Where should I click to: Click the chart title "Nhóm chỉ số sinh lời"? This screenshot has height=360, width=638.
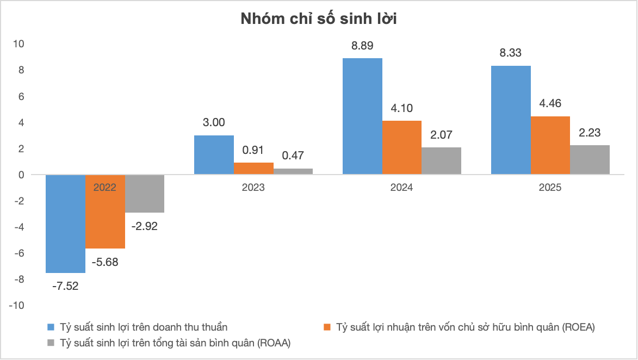coord(319,20)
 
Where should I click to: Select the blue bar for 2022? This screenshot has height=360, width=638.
coord(65,224)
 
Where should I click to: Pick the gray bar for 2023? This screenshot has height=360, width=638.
coord(293,171)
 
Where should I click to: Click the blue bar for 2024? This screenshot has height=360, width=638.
coord(362,116)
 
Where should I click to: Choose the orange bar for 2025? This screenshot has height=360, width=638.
coord(550,145)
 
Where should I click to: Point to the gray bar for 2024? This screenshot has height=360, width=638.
coord(441,160)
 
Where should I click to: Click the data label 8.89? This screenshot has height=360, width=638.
coord(362,46)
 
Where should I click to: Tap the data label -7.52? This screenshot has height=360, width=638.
coord(65,286)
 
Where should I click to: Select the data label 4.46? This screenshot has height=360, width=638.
coord(550,104)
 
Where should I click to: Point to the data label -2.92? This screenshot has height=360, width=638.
coord(144,226)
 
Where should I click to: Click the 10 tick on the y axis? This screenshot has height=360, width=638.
coord(20,44)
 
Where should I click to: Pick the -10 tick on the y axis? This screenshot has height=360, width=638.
coord(17,306)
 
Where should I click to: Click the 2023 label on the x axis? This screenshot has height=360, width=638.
coord(253,188)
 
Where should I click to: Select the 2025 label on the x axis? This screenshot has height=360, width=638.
coord(550,188)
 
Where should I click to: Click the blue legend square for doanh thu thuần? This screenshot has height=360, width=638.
coord(51,327)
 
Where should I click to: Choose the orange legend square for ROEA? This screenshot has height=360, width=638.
coord(327,327)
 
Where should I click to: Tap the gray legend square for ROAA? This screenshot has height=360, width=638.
coord(51,343)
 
